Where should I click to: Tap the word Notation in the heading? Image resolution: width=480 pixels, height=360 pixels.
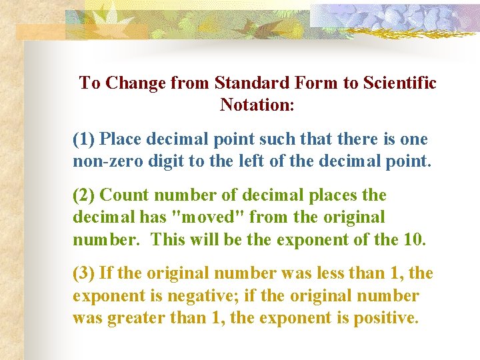[x=255, y=105]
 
